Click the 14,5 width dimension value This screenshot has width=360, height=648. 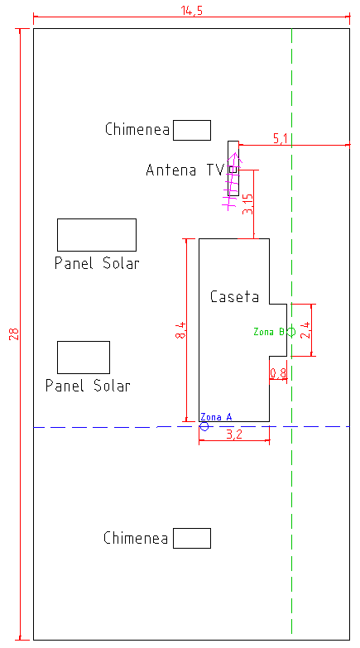(x=192, y=10)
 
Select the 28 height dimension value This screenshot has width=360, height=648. (x=13, y=334)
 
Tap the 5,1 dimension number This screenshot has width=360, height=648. (x=281, y=139)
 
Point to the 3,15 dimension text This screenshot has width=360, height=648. (x=247, y=204)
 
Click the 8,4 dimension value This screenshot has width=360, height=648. (x=180, y=329)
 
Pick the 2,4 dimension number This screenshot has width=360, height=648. (x=307, y=329)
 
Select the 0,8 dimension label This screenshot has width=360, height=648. (x=278, y=373)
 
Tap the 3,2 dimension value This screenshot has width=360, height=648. (x=234, y=434)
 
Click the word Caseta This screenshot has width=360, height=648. (x=234, y=296)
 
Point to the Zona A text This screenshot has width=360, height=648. (x=216, y=417)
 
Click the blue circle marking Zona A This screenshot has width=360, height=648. (x=204, y=426)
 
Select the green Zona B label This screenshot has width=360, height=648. (x=269, y=331)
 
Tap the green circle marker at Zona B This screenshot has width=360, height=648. (x=291, y=331)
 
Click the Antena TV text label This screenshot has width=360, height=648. (x=185, y=170)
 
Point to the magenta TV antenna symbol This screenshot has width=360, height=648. (x=231, y=181)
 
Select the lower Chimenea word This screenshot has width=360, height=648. (x=136, y=538)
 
